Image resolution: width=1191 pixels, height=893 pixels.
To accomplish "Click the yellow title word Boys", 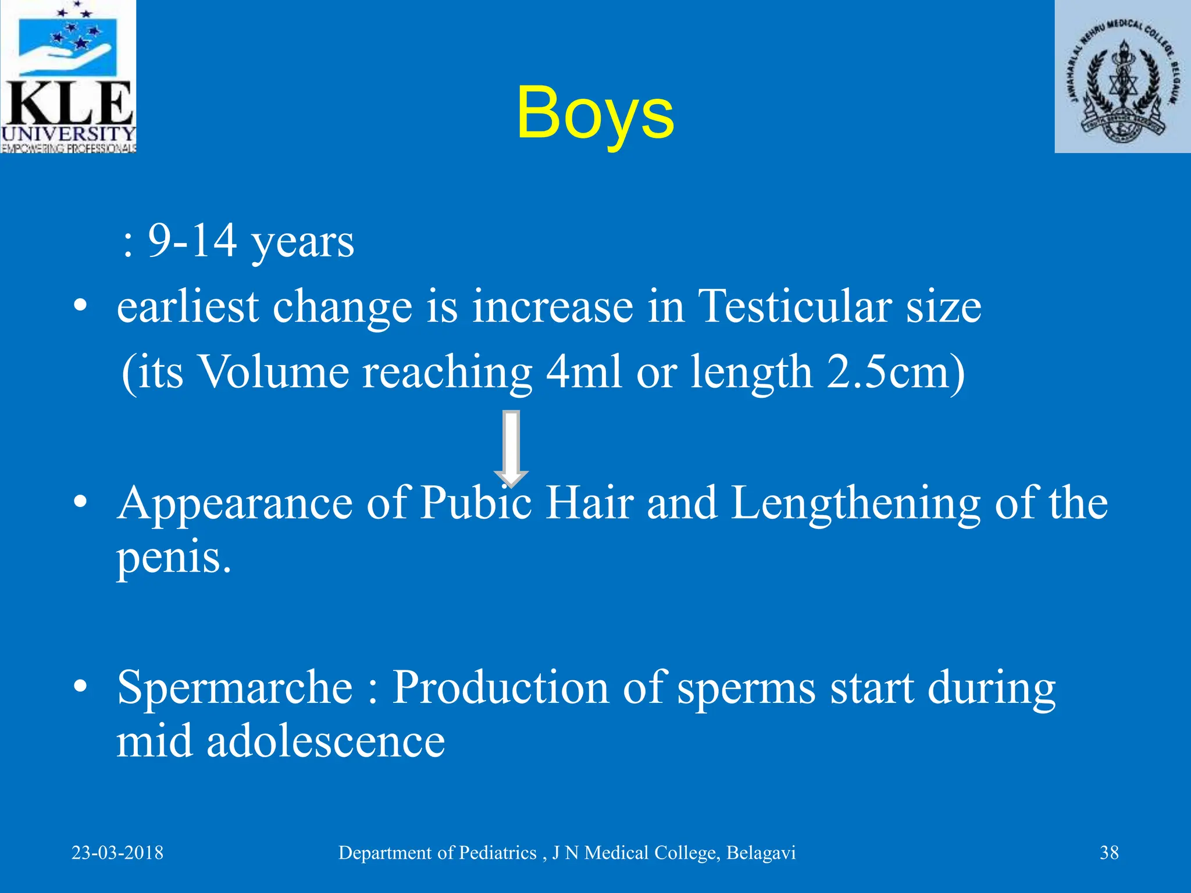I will [595, 113].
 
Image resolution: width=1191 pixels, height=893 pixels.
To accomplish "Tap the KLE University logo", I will [68, 76].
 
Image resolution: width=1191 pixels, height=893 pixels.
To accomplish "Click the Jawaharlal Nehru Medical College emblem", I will [1122, 76].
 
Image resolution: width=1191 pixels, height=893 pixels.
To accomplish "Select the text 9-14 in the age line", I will [192, 241].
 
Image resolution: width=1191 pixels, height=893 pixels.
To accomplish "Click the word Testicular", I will [794, 306].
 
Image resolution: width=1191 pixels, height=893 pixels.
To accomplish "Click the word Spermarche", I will [235, 688].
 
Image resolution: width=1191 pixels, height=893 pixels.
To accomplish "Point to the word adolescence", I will [326, 742].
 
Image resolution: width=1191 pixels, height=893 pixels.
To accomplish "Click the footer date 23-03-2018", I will [117, 853].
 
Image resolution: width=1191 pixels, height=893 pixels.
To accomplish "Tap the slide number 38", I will [1109, 853].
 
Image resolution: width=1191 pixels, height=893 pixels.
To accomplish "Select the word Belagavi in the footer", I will [761, 853].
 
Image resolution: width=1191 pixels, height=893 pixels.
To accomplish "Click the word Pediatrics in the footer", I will [497, 853].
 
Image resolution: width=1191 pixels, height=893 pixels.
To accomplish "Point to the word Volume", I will [274, 372].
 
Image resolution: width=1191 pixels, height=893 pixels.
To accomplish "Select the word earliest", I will [188, 306].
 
